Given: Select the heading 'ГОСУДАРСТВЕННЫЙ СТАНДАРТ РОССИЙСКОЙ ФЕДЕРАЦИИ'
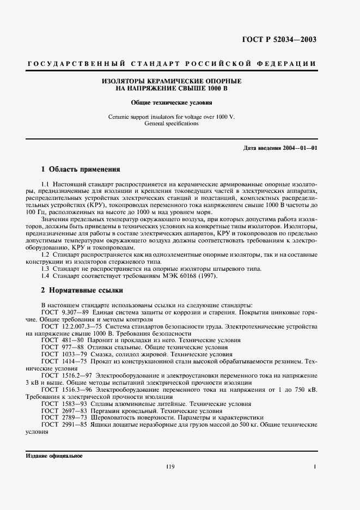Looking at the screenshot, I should [172, 64].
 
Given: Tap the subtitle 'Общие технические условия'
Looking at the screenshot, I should [172, 102].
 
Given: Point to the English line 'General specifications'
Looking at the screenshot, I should [172, 123].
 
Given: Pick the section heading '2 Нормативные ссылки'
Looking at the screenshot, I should [82, 290].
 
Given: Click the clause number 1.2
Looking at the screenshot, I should [46, 254].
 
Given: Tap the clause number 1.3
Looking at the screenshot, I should [46, 269].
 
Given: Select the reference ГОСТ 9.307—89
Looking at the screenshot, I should [62, 312].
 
